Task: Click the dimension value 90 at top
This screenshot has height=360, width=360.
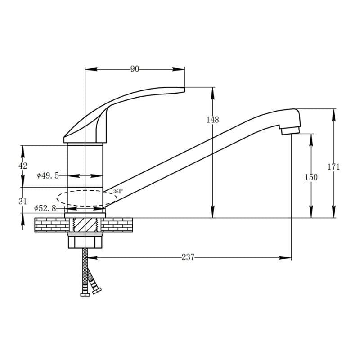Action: coord(135,69)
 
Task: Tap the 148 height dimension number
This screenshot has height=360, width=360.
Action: coord(212,120)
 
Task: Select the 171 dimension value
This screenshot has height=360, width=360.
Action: coord(333,166)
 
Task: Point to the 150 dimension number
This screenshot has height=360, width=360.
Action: coord(311,177)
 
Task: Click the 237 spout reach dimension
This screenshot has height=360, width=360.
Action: coord(188,257)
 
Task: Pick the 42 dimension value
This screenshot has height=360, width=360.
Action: coord(23,166)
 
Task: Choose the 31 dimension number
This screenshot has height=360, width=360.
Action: coord(22,202)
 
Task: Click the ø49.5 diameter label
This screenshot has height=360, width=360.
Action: coord(48,176)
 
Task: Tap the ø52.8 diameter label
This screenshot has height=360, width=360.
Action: coord(45,208)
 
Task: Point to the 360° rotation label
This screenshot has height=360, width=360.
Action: coord(118,192)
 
